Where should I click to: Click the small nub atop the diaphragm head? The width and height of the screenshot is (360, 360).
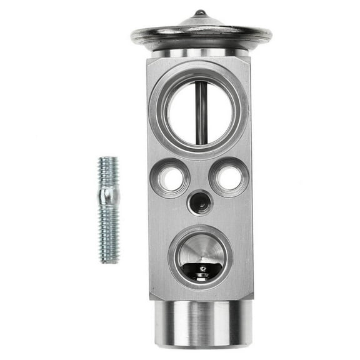[x=199, y=12]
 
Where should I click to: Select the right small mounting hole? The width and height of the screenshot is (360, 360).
[x=229, y=178]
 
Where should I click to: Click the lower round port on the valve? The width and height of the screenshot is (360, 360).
[x=200, y=253]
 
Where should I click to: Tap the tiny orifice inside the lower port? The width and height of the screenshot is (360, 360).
[x=201, y=271]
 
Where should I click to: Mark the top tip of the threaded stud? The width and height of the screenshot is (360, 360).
[x=107, y=158]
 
